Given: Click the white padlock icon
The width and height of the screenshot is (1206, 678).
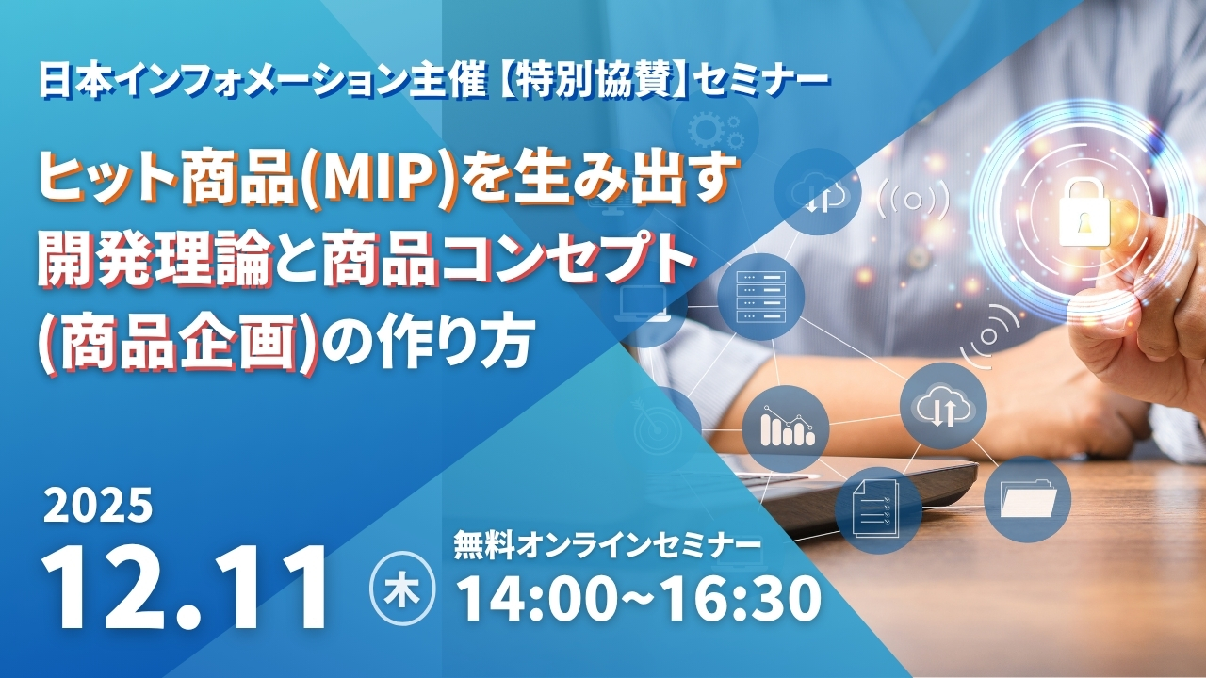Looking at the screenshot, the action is pyautogui.click(x=1084, y=214).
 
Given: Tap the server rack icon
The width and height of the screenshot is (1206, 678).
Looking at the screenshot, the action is pyautogui.click(x=760, y=297).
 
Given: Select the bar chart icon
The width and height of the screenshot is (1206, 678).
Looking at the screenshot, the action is pyautogui.click(x=787, y=427).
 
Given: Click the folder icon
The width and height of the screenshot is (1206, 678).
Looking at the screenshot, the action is pyautogui.click(x=1027, y=498).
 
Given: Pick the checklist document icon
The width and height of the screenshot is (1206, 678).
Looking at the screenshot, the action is pyautogui.click(x=876, y=508).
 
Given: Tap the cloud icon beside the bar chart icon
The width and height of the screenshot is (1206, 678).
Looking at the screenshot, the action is pyautogui.click(x=942, y=406).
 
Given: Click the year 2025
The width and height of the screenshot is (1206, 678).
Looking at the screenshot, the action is pyautogui.click(x=97, y=506).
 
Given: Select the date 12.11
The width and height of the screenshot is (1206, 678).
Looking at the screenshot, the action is pyautogui.click(x=185, y=588).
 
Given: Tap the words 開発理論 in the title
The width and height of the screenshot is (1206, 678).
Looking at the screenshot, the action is pyautogui.click(x=154, y=261).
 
